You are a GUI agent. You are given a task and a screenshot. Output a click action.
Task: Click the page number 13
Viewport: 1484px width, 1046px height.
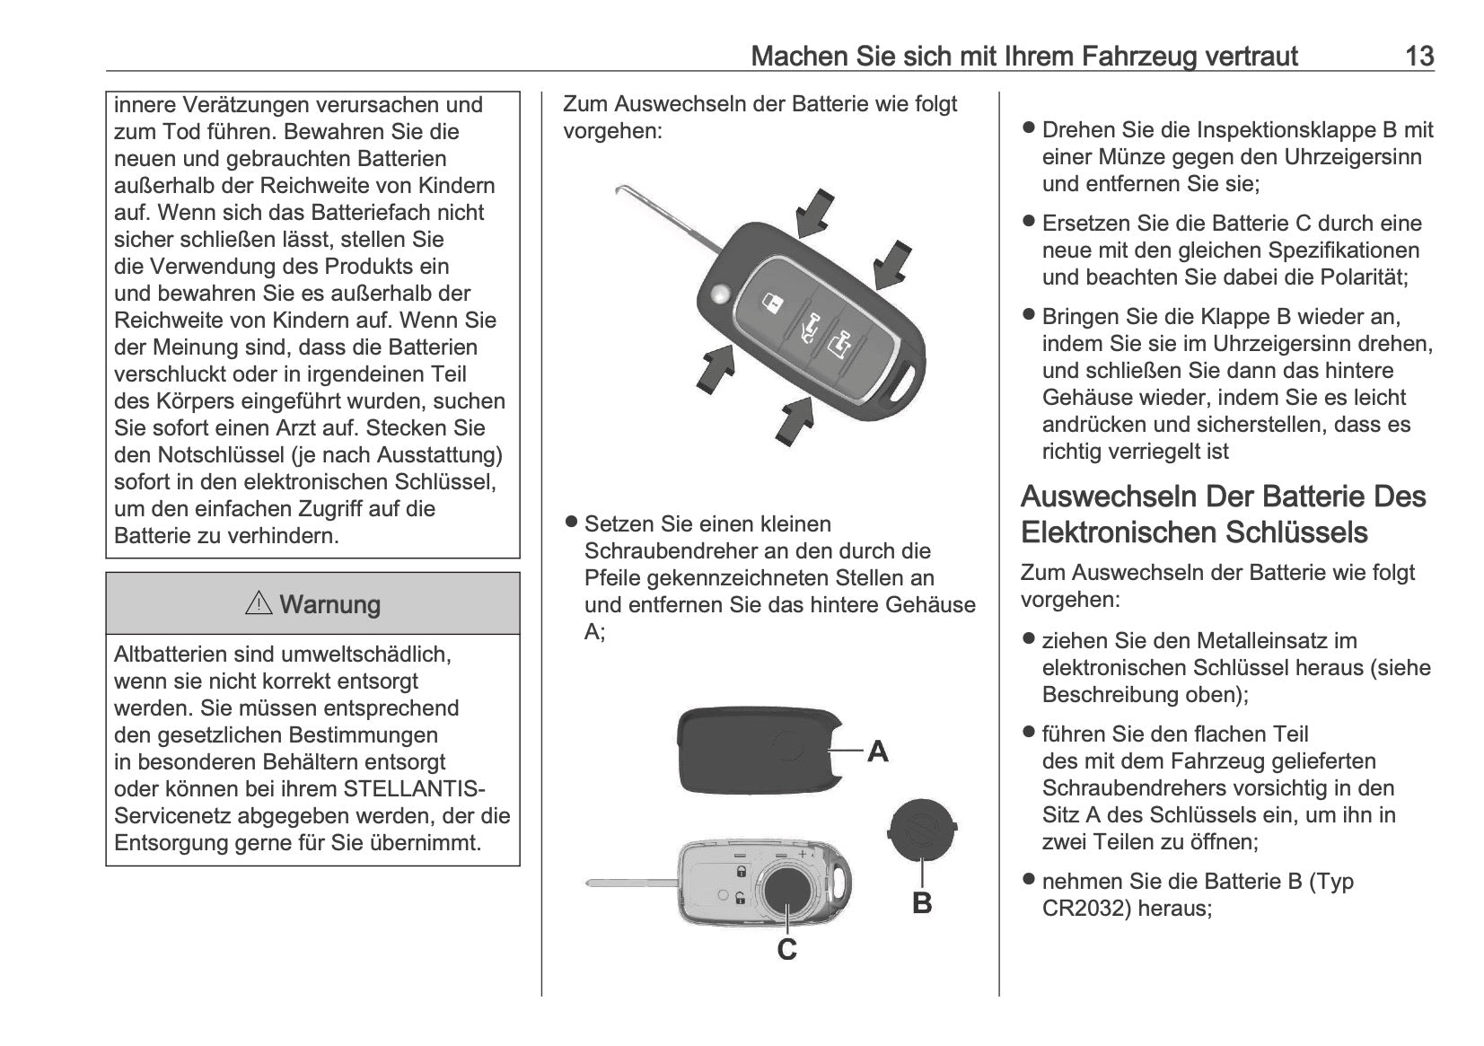[x=1418, y=56]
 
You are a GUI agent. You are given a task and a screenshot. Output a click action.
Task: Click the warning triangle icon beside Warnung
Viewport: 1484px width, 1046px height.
[x=259, y=603]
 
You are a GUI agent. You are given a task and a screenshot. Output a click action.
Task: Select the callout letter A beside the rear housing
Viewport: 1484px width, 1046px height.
[x=877, y=751]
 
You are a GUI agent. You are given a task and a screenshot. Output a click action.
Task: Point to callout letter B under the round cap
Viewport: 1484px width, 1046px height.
[x=922, y=902]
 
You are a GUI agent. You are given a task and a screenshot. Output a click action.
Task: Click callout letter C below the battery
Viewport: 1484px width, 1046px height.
[x=786, y=949]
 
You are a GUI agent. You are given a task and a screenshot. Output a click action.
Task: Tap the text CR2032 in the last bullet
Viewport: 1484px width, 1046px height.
[x=1085, y=909]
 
